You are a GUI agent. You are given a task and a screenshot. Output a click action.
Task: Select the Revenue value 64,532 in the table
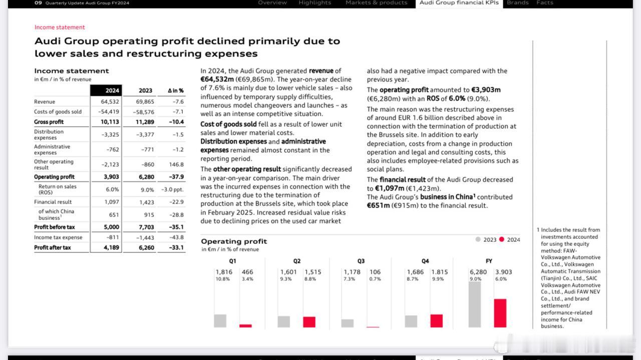[110, 102]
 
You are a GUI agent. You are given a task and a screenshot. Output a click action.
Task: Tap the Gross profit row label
[49, 122]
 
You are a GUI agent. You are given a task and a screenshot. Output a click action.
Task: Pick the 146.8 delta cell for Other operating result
[176, 165]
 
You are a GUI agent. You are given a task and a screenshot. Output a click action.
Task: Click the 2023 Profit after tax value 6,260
[147, 247]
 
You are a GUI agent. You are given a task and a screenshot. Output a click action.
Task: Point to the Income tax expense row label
[58, 237]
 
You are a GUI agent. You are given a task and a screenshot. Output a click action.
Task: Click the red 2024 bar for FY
[500, 313]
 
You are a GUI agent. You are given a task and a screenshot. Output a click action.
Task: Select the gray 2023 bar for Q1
[220, 321]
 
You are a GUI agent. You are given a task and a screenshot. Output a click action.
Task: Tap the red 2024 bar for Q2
[309, 322]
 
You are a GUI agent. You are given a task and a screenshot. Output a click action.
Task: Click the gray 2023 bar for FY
[475, 304]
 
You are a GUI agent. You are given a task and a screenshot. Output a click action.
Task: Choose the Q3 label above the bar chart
[361, 261]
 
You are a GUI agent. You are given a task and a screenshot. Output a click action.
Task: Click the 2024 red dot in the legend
[502, 239]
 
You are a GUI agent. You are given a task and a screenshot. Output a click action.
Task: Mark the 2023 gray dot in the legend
[478, 239]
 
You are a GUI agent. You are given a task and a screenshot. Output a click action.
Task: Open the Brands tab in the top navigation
[518, 3]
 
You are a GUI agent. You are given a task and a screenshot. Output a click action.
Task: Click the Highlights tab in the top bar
[315, 3]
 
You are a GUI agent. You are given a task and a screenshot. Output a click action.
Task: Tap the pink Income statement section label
[60, 27]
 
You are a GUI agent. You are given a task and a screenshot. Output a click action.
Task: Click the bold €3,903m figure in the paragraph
[486, 90]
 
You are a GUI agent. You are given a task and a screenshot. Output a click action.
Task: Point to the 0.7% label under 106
[375, 279]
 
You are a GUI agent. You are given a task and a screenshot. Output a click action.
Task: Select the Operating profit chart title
[234, 241]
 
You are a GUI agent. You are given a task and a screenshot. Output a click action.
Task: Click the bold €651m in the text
[378, 206]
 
